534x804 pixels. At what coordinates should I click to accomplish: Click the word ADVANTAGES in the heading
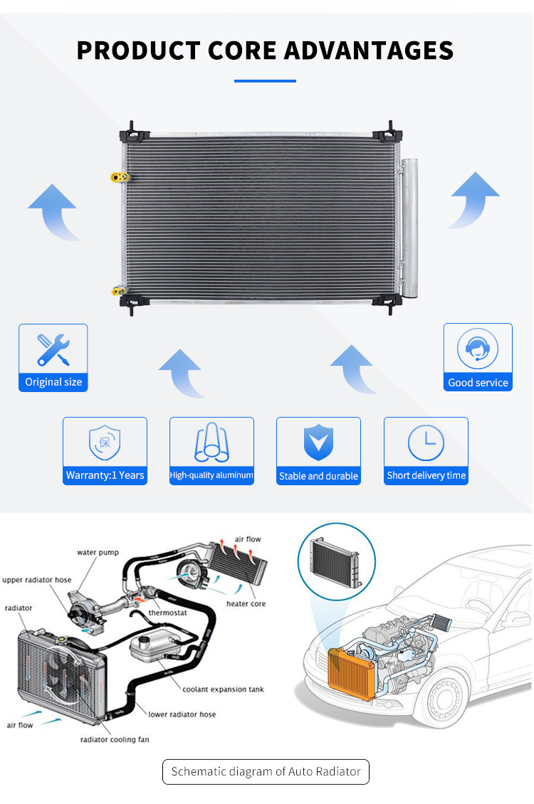pyautogui.click(x=369, y=51)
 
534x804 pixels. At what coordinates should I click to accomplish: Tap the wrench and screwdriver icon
pyautogui.click(x=53, y=349)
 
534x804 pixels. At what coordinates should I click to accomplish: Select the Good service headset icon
pyautogui.click(x=478, y=349)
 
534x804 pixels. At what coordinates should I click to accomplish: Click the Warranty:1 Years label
pyautogui.click(x=105, y=475)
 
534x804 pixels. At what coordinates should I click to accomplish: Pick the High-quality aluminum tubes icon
pyautogui.click(x=211, y=442)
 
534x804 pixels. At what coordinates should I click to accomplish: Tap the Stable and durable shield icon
pyautogui.click(x=318, y=443)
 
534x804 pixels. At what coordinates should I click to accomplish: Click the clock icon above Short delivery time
pyautogui.click(x=426, y=442)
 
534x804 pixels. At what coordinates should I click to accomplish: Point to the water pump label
pyautogui.click(x=98, y=553)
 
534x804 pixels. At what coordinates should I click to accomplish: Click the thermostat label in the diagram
pyautogui.click(x=168, y=613)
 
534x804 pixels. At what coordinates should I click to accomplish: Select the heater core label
pyautogui.click(x=246, y=604)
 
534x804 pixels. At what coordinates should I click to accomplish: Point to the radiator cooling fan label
pyautogui.click(x=115, y=740)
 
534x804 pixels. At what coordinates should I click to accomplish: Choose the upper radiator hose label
pyautogui.click(x=36, y=580)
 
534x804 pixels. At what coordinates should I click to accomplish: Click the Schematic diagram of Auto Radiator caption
pyautogui.click(x=266, y=771)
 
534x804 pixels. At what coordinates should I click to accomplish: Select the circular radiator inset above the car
pyautogui.click(x=333, y=561)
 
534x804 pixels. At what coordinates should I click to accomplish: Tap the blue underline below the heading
pyautogui.click(x=265, y=81)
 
